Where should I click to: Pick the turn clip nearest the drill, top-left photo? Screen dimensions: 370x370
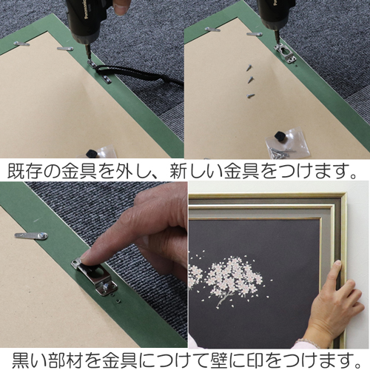[x=65, y=48]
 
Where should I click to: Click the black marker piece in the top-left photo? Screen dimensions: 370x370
[x=92, y=153]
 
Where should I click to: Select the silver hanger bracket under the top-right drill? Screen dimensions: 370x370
[x=286, y=54]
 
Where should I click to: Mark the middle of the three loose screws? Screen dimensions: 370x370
[x=251, y=79]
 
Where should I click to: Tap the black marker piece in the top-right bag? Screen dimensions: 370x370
[x=280, y=136]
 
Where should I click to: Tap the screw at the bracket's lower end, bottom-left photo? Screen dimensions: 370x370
[x=106, y=287]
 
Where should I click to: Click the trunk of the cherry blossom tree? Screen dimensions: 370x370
[x=224, y=297]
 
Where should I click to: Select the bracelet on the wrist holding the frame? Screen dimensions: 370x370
[x=306, y=343]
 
